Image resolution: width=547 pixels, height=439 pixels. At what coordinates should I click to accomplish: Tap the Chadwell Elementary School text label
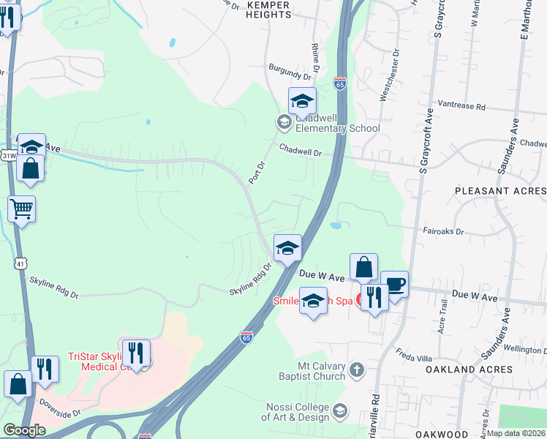[337, 122]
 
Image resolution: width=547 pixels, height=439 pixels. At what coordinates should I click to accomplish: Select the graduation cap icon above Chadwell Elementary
[301, 102]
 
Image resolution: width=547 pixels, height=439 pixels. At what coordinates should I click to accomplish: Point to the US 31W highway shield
[9, 156]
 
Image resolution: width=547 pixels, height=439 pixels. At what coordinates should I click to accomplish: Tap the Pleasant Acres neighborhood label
[500, 190]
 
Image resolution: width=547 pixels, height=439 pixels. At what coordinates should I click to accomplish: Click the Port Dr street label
[254, 173]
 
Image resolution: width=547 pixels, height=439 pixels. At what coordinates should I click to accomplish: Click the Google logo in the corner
[24, 429]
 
